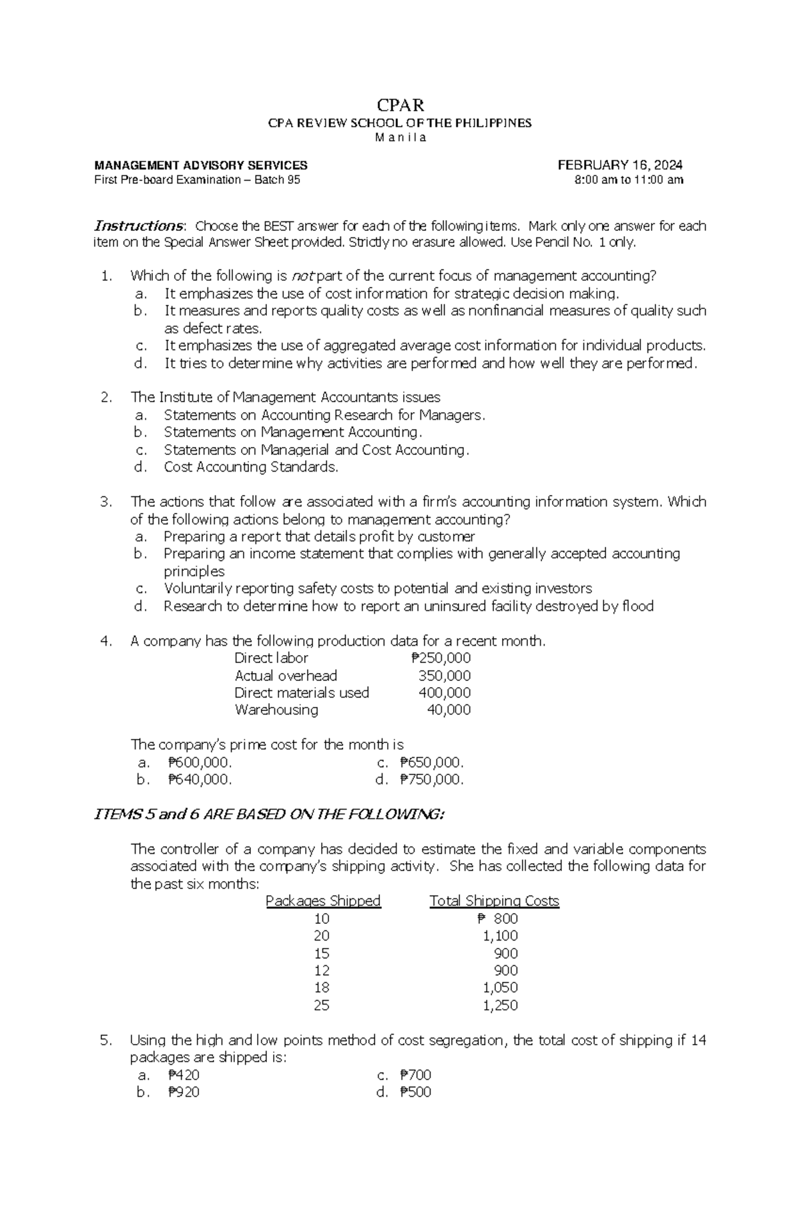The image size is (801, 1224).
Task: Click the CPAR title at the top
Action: (x=400, y=105)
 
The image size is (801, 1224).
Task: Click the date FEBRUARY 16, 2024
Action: (x=620, y=165)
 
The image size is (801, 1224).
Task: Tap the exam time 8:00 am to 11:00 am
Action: (x=629, y=180)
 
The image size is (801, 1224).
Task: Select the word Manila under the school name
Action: (x=400, y=138)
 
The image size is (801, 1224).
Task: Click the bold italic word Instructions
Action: (x=138, y=225)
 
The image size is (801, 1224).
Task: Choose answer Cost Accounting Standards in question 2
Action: (x=251, y=467)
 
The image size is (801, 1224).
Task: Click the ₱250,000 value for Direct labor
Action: (x=441, y=658)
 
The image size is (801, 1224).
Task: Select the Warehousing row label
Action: (x=276, y=710)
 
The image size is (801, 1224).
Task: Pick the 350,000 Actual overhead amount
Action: (x=444, y=676)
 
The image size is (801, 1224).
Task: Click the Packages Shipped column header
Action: (x=323, y=901)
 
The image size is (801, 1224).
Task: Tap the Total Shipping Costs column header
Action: (x=494, y=901)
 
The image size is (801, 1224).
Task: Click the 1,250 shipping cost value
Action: (x=500, y=1005)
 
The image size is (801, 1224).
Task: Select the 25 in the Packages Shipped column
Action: (x=322, y=1005)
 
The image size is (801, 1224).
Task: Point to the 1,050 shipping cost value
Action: (x=500, y=988)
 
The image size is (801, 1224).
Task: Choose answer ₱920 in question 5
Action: (x=184, y=1092)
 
